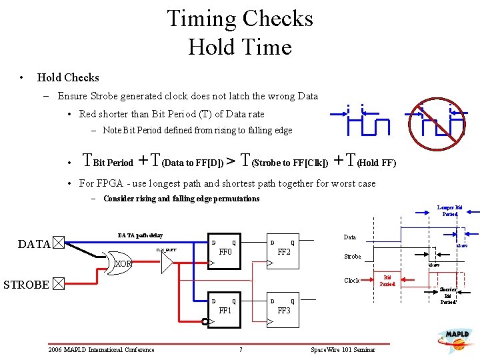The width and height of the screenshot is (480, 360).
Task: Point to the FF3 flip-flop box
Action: point(283,311)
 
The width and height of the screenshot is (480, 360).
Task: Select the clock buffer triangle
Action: point(167,263)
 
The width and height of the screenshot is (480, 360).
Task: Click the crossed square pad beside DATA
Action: point(59,243)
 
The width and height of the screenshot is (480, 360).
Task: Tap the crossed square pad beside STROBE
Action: point(59,285)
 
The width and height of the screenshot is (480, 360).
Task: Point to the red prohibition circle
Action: point(438,121)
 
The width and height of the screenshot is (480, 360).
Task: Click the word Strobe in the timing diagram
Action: point(352,257)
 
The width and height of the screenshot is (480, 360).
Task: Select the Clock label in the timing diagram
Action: point(351,281)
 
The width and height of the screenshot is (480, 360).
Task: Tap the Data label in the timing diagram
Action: point(349,237)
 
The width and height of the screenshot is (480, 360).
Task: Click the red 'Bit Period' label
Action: point(389,281)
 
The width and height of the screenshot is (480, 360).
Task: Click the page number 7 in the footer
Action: point(240,350)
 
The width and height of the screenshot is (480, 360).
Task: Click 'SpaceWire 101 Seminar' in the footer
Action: point(343,350)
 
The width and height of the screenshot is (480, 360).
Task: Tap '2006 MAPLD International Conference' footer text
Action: point(101,350)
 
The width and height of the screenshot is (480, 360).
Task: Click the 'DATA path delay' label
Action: point(140,235)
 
